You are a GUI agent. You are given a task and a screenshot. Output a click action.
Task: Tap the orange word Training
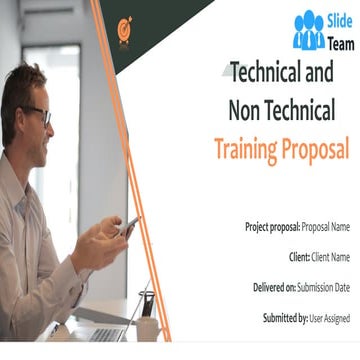pos(246,150)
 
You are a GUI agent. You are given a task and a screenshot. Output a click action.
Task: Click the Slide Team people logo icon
pos(308,31)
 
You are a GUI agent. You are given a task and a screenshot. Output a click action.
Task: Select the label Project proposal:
pos(272,227)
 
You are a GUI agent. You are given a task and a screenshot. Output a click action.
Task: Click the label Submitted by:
pos(278,319)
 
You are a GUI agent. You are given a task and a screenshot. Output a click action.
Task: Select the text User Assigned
pos(331,319)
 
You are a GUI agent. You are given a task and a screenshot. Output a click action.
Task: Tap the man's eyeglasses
pos(39,114)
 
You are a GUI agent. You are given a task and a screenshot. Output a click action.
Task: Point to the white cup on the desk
pos(147,327)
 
